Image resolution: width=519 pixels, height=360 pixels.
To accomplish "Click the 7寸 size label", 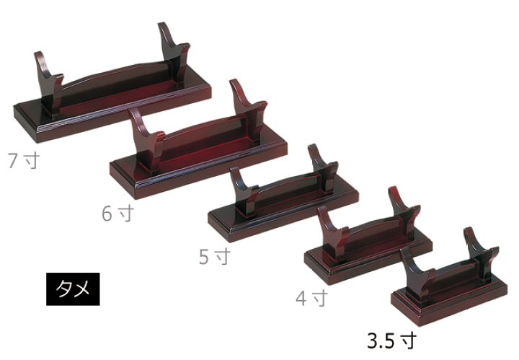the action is pos(24,160).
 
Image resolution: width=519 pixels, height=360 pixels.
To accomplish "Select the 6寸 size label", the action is pos(117,214).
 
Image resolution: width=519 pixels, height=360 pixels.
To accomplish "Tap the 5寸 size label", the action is pos(215,256).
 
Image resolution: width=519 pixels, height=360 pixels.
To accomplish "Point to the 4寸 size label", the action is pos(312,298).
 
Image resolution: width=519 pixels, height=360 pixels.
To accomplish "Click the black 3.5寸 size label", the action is pos(392,341).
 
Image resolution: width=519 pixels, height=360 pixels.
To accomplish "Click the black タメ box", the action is pos(73,289).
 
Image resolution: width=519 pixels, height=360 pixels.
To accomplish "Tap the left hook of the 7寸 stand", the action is pos(49,83).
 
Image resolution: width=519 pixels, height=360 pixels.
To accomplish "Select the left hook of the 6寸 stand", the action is pos(147,139).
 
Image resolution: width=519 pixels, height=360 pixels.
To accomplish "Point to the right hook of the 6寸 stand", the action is pos(249,109).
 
